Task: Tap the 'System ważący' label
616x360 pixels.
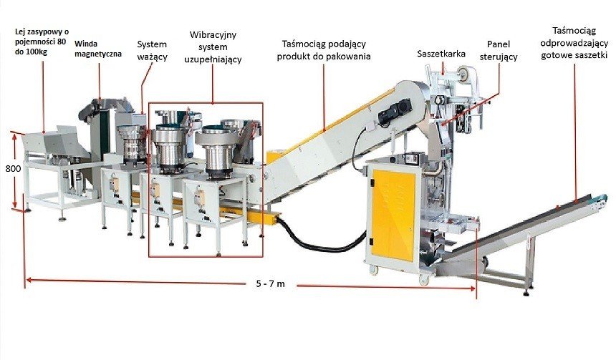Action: pyautogui.click(x=152, y=50)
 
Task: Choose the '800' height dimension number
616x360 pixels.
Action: pyautogui.click(x=11, y=170)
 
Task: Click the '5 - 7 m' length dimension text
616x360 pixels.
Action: pyautogui.click(x=270, y=285)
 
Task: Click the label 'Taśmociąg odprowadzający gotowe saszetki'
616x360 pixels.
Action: pyautogui.click(x=580, y=44)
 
